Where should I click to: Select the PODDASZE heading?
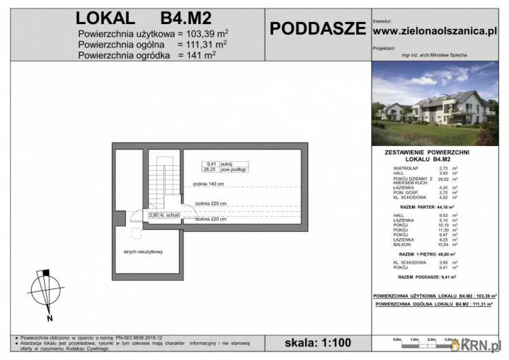[x=317, y=28]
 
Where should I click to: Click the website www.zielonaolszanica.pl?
[x=435, y=31]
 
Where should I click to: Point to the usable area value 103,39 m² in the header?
[x=204, y=32]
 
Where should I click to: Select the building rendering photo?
[x=435, y=103]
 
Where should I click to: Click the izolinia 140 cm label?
[x=209, y=184]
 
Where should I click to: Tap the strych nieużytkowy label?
[x=144, y=252]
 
